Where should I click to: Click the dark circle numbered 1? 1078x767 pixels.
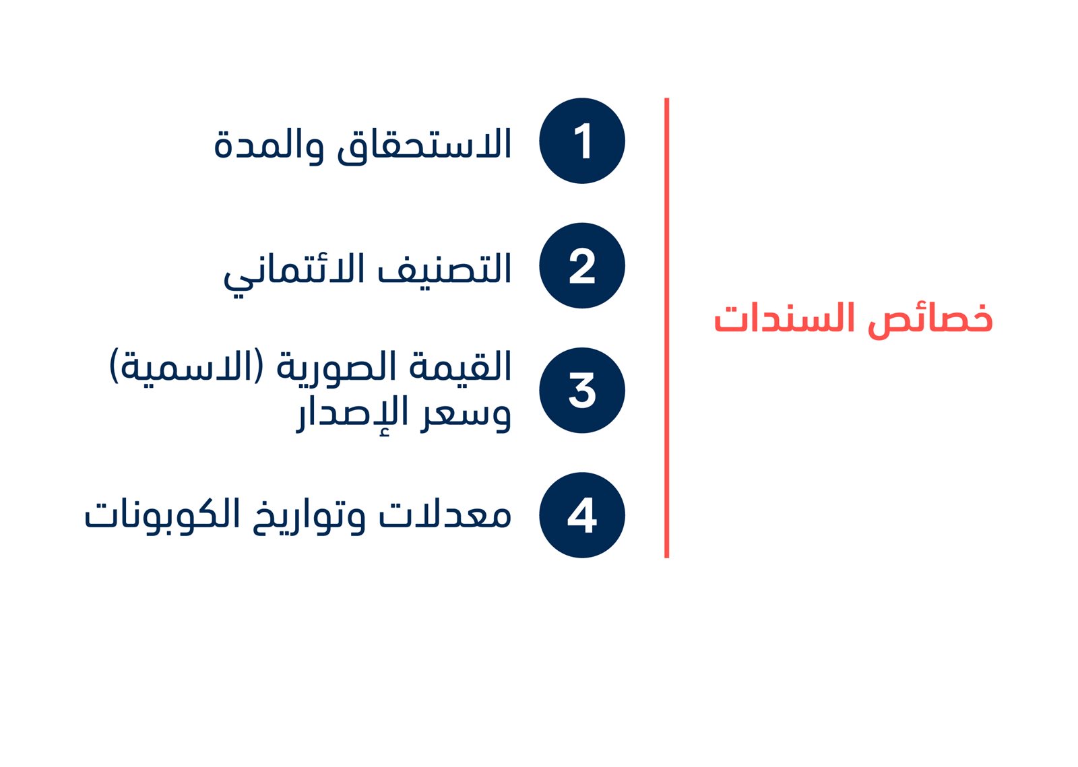582,141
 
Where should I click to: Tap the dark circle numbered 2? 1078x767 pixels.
582,265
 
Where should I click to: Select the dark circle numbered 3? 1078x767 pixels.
582,391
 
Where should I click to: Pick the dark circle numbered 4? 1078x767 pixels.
582,515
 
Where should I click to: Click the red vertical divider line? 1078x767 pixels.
666,328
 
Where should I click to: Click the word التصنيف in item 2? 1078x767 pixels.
444,269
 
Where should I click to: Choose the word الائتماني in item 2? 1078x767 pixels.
294,272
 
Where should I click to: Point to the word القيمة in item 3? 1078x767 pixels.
460,366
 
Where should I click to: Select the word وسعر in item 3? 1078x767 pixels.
466,415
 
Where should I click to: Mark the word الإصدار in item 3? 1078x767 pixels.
352,415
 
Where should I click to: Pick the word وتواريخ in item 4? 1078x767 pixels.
309,516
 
